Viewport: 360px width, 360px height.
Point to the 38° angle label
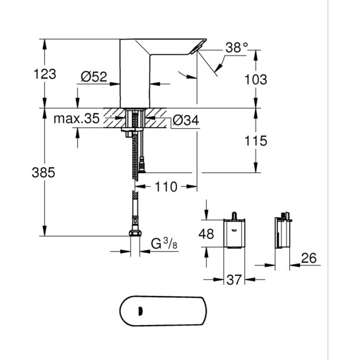236,48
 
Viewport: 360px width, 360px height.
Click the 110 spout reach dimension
167,187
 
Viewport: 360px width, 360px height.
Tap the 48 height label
207,233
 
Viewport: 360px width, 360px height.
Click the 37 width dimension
234,281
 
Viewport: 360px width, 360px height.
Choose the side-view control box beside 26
283,232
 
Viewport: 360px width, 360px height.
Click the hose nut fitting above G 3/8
135,233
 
